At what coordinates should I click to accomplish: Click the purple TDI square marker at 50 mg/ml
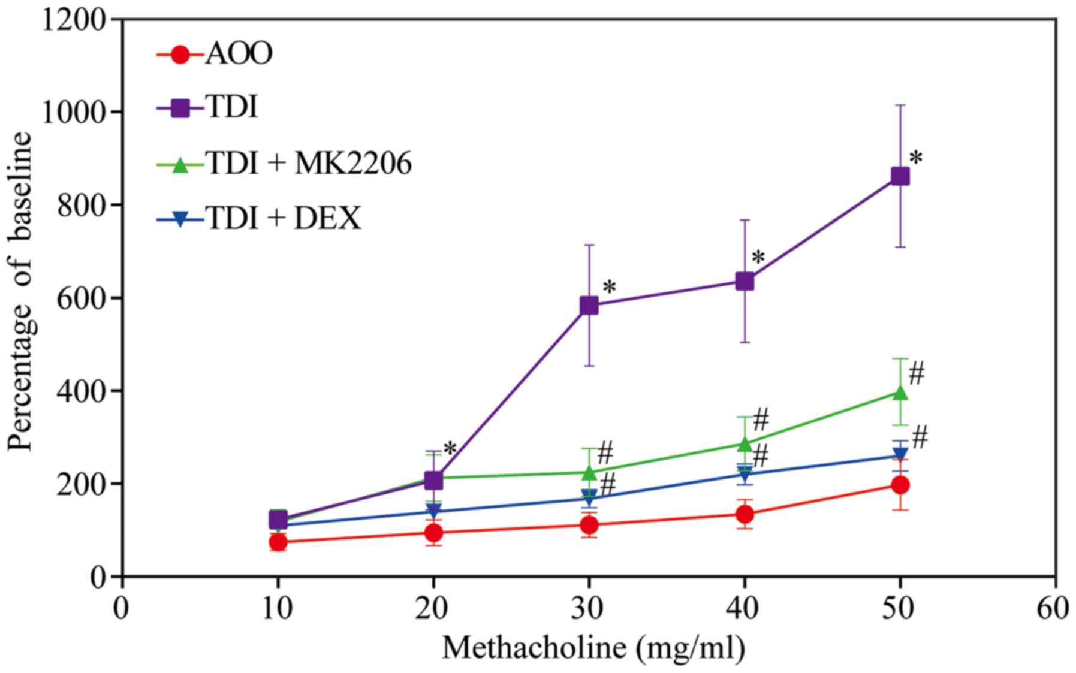click(x=900, y=176)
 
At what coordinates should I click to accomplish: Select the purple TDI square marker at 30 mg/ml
click(x=589, y=306)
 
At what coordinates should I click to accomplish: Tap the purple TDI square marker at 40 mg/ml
click(x=745, y=281)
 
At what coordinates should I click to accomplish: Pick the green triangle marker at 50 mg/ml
click(x=900, y=393)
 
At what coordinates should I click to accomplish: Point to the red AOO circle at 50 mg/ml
click(x=900, y=485)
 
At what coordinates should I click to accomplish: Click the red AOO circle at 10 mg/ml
click(x=278, y=542)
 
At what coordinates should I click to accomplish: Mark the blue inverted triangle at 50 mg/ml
click(x=900, y=454)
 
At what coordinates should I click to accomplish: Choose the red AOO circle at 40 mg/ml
click(x=745, y=514)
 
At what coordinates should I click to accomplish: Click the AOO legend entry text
click(x=239, y=53)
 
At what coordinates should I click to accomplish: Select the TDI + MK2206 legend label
click(x=309, y=163)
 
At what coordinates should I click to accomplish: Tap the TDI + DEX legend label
click(x=283, y=218)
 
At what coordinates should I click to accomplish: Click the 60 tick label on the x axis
click(x=1054, y=609)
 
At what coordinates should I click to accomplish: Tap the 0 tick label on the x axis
click(x=122, y=609)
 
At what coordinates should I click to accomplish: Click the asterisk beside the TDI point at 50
click(x=915, y=159)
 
